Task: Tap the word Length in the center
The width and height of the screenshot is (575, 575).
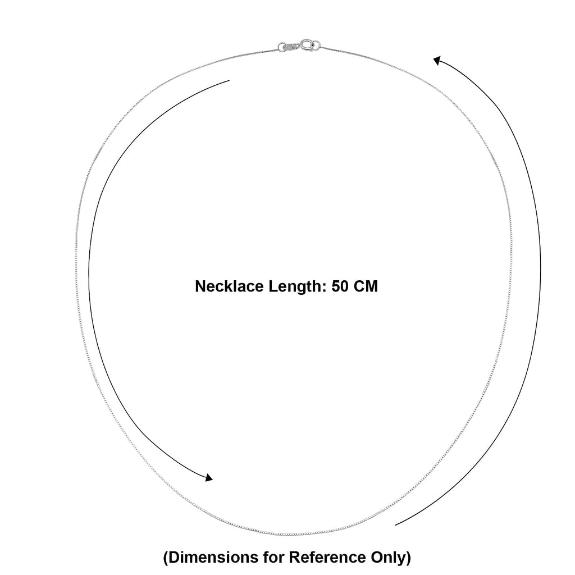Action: click(298, 286)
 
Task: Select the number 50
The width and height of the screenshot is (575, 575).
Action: click(340, 286)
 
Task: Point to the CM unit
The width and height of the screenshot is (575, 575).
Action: click(366, 286)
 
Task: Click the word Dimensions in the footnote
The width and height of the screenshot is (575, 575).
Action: click(211, 557)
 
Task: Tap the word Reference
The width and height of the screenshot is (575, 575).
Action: click(327, 557)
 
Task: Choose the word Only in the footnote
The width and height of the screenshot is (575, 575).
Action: click(388, 558)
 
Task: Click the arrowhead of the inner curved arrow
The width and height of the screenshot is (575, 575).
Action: click(209, 477)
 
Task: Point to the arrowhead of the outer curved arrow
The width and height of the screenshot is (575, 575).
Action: click(437, 60)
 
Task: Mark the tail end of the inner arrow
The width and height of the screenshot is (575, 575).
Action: click(229, 80)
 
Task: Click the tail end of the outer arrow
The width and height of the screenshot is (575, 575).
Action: click(395, 525)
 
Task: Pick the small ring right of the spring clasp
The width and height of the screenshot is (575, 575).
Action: click(316, 45)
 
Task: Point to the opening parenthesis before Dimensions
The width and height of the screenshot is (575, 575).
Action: click(166, 558)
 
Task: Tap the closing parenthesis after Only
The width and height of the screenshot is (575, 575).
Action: click(408, 558)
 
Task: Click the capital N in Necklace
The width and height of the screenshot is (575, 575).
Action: click(200, 286)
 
